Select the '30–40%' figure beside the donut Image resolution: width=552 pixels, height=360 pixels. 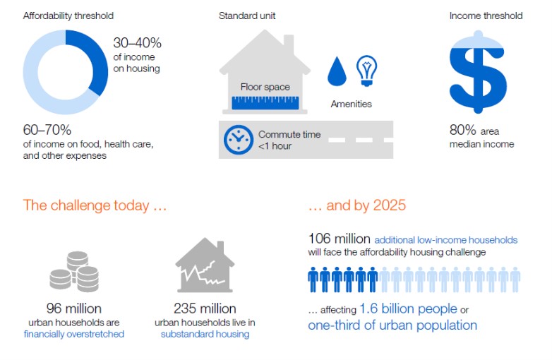(138, 43)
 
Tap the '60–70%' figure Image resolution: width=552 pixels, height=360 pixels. (47, 130)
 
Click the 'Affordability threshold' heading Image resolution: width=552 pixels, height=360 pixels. (68, 16)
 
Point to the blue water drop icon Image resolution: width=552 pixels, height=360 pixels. (337, 71)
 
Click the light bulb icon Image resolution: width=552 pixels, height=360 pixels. (366, 71)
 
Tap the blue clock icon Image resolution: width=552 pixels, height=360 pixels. (239, 140)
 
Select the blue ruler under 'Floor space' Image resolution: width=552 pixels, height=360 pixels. (265, 103)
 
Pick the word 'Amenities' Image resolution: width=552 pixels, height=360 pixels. (352, 104)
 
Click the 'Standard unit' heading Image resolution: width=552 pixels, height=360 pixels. (247, 16)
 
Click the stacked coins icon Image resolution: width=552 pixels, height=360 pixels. (74, 271)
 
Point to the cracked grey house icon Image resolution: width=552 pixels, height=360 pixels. (205, 265)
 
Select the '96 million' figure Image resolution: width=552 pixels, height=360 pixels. (74, 308)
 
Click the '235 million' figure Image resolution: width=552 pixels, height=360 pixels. (205, 308)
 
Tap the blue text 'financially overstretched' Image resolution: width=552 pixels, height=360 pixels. (74, 334)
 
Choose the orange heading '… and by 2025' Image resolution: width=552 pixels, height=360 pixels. (357, 205)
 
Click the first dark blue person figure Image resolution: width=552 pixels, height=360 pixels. (313, 280)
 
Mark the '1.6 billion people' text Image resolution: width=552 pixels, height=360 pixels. (408, 308)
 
